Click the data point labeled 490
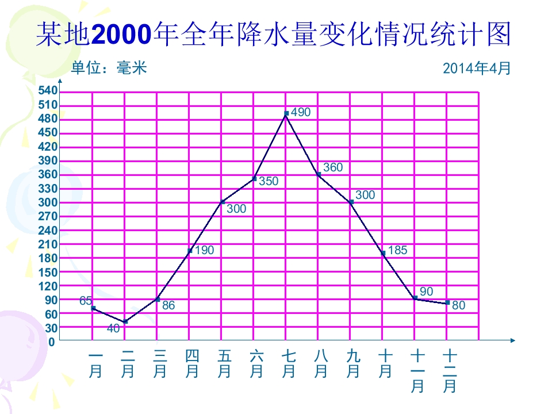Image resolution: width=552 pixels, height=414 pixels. [286, 113]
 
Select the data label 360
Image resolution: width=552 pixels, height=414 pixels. [333, 168]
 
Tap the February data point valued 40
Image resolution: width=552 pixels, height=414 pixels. [125, 321]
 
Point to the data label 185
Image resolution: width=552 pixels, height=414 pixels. [398, 250]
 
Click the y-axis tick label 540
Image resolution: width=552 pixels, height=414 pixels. [48, 91]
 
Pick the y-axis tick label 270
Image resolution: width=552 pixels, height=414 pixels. [48, 216]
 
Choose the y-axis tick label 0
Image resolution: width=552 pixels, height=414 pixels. [52, 342]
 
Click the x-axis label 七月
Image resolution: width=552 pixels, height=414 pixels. [289, 364]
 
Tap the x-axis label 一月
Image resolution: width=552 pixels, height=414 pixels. [95, 364]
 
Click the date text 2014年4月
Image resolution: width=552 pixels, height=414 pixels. [477, 68]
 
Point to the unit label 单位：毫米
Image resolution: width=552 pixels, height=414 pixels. [109, 68]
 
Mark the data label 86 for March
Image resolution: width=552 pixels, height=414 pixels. [168, 305]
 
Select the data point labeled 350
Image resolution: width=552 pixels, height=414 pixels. [254, 179]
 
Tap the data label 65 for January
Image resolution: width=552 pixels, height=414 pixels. [86, 300]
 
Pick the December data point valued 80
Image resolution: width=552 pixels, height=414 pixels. [447, 303]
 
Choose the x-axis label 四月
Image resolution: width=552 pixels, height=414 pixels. [192, 364]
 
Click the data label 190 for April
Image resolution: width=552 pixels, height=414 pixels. [204, 250]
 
